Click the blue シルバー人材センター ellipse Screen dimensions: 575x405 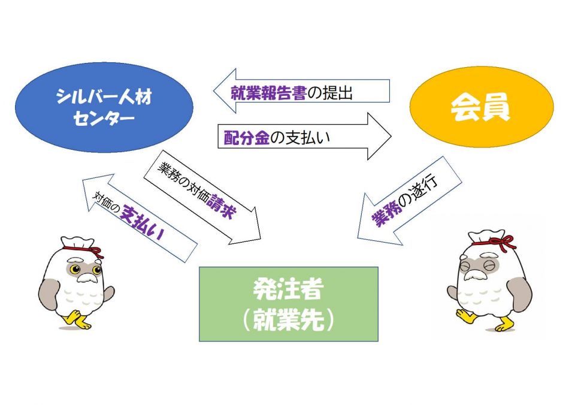pos(104,107)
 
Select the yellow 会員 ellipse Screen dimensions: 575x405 pos(482,107)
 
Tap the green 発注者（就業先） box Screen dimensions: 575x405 pos(289,304)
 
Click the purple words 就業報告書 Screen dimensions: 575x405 pos(268,93)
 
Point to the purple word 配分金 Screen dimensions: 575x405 pos(246,138)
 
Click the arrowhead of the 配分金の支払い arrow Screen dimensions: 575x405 pos(380,137)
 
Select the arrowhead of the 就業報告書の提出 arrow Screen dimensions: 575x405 pos(225,90)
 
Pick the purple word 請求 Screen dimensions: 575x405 pos(221,206)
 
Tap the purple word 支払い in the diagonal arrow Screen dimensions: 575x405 pos(142,222)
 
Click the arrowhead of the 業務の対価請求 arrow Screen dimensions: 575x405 pos(248,228)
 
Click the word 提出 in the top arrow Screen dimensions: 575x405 pos(337,93)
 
